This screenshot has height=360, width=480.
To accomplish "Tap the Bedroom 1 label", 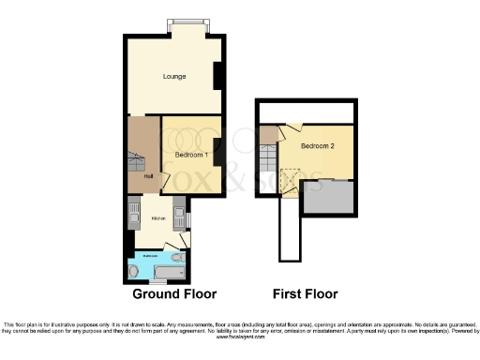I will pos(191,154).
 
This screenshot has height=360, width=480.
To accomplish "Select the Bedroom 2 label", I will pos(318,147).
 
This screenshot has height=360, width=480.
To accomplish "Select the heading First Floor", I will pos(297,292).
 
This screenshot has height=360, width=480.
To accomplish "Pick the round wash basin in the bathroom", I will pos(133,271).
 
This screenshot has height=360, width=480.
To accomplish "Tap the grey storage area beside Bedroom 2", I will pos(331,198).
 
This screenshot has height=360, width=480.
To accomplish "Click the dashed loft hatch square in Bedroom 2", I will pos(290,176).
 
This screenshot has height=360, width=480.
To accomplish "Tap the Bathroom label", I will pos(150,254).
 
